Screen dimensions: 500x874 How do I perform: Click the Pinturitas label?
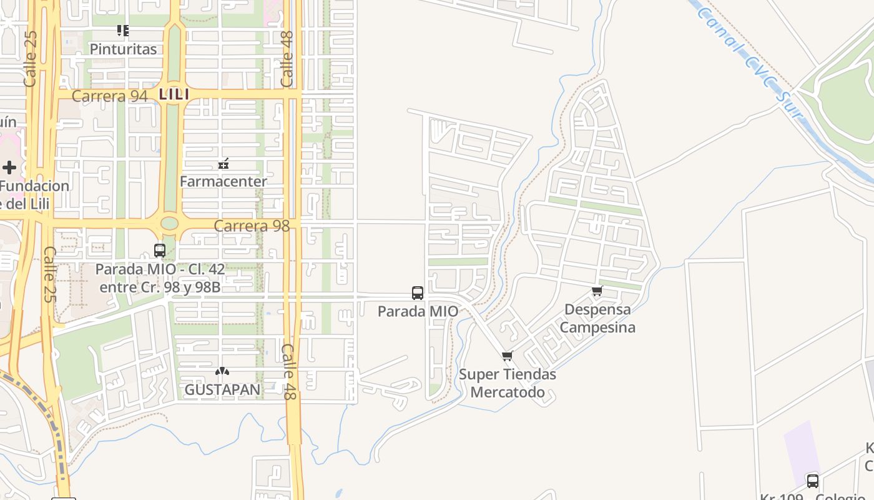[123, 49]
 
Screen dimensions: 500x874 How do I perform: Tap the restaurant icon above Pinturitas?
[123, 30]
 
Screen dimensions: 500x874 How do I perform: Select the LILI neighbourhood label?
[174, 94]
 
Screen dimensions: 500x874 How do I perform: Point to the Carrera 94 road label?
[110, 96]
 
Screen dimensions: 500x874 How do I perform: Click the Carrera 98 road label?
[252, 226]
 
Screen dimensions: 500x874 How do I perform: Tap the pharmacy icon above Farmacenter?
[223, 164]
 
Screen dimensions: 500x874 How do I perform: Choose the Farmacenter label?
[223, 182]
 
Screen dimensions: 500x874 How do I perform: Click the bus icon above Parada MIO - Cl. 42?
[160, 251]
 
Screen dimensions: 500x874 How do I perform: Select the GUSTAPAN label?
[222, 389]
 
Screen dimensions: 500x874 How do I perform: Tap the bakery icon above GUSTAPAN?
[222, 371]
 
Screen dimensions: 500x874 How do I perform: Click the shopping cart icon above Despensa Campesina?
[597, 291]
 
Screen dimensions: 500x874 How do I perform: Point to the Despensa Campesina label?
[597, 318]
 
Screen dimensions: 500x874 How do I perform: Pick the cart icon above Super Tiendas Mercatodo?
[508, 356]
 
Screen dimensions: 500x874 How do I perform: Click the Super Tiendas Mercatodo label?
[508, 383]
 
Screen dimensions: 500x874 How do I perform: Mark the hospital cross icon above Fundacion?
[9, 167]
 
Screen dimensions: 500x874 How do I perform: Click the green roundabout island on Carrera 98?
[169, 223]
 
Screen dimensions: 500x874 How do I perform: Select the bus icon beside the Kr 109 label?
[813, 481]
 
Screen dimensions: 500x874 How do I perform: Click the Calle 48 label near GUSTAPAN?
[288, 372]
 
